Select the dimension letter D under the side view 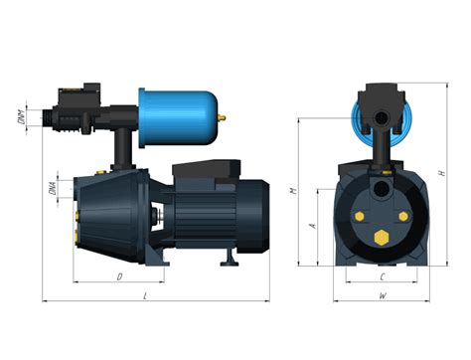click(118, 276)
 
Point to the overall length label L click(146, 296)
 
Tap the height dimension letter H click(440, 174)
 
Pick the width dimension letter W click(383, 296)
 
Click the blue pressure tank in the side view click(180, 113)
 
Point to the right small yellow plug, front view click(405, 215)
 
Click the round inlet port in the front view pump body click(383, 188)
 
